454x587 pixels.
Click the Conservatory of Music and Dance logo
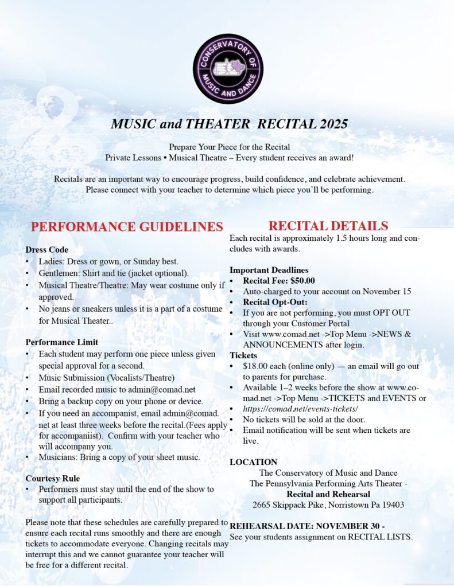(x=228, y=69)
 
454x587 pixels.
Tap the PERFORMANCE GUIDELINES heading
(x=127, y=226)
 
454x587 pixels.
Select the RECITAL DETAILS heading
(x=328, y=226)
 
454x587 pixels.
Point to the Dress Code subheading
(x=46, y=250)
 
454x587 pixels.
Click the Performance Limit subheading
(x=61, y=342)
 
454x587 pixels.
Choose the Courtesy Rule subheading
(x=52, y=478)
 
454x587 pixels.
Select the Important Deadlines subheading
(x=269, y=270)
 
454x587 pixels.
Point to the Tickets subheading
(x=243, y=355)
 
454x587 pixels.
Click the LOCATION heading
(x=253, y=462)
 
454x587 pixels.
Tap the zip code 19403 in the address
(x=393, y=505)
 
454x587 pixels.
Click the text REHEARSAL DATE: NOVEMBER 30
(x=304, y=526)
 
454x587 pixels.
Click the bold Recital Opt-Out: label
(x=275, y=302)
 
